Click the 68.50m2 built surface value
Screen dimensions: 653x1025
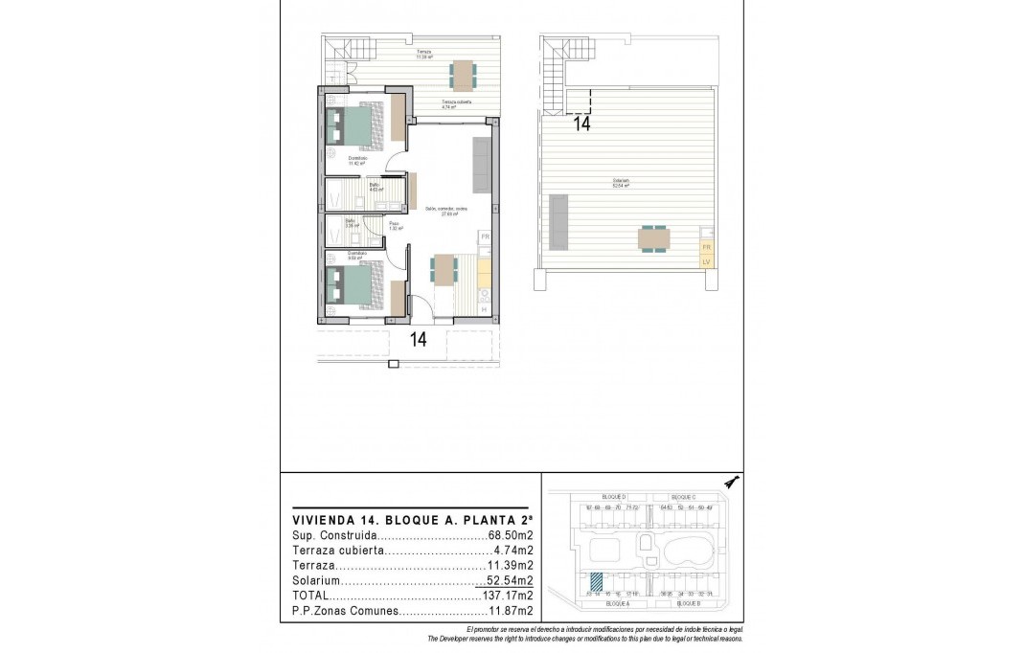pyautogui.click(x=512, y=536)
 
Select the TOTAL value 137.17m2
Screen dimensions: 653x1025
pyautogui.click(x=508, y=595)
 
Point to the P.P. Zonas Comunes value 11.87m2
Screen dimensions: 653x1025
pyautogui.click(x=511, y=609)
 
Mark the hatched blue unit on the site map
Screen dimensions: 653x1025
pyautogui.click(x=596, y=581)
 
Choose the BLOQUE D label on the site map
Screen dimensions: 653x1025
pyautogui.click(x=613, y=497)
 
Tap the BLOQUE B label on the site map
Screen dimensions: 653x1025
pyautogui.click(x=688, y=604)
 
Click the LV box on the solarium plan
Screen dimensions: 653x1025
pyautogui.click(x=707, y=260)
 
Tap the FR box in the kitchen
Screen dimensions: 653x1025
pyautogui.click(x=485, y=236)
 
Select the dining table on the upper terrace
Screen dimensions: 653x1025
pyautogui.click(x=463, y=74)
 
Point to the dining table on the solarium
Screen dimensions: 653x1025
pyautogui.click(x=655, y=237)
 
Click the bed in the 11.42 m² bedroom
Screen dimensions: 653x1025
pyautogui.click(x=354, y=126)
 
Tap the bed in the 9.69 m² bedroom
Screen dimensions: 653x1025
pyautogui.click(x=354, y=287)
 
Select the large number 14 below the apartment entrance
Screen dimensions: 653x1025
pyautogui.click(x=418, y=338)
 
